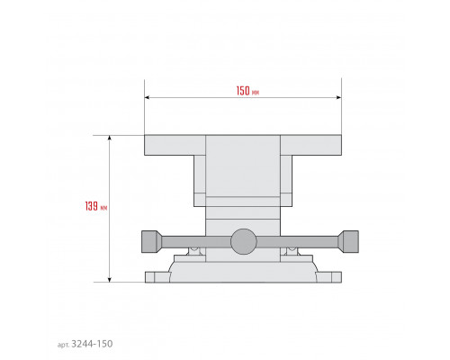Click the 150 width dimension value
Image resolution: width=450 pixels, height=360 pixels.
[243, 91]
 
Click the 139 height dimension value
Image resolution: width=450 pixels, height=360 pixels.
[92, 206]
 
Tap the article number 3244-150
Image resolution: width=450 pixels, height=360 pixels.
[93, 344]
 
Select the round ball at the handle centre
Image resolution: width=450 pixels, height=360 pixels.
[244, 241]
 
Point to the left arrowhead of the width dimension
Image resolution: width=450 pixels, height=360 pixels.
[147, 97]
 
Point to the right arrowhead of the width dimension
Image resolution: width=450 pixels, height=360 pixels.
[338, 97]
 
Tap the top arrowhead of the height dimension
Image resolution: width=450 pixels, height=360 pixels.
[110, 138]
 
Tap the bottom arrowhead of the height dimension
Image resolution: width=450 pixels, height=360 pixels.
[110, 280]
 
